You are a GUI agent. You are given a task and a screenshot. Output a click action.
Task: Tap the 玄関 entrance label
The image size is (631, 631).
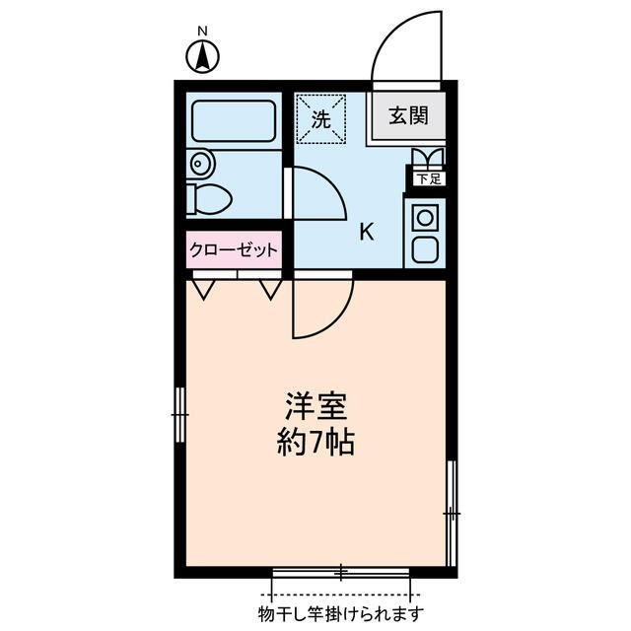point(407,116)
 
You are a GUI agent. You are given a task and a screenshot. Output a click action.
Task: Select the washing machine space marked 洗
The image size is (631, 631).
point(321,118)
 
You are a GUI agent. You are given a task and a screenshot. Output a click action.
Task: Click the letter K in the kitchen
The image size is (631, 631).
point(366,233)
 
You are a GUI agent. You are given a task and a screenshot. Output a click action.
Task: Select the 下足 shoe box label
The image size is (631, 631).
point(427,179)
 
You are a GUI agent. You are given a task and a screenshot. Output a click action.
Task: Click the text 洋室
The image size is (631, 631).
point(315,406)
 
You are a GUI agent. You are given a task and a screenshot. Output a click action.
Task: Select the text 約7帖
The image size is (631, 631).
point(315,443)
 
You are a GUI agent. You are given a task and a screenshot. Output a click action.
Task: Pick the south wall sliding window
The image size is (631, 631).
point(340,572)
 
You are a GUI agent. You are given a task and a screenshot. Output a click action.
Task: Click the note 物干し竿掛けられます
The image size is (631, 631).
point(340,614)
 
